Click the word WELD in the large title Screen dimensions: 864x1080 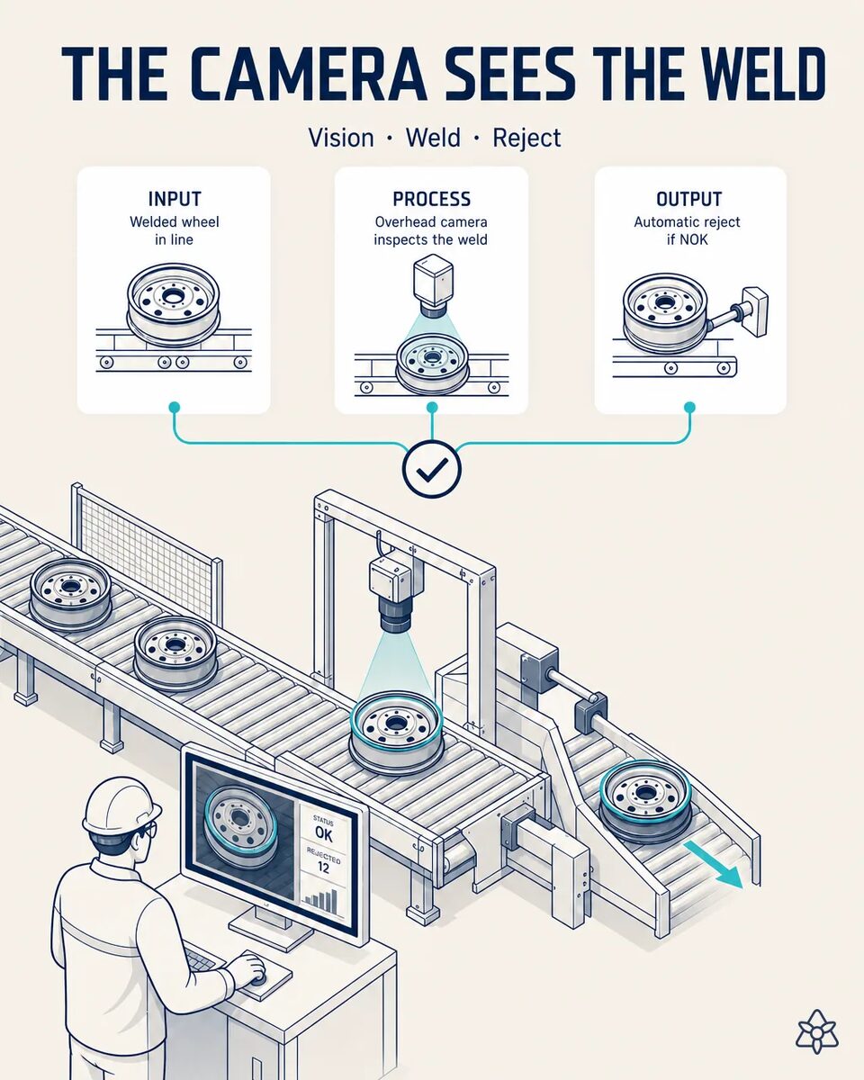pyautogui.click(x=729, y=75)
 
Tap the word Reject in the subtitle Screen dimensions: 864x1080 pyautogui.click(x=526, y=139)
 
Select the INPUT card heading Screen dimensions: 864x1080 pyautogui.click(x=175, y=199)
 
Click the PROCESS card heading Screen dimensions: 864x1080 pyautogui.click(x=432, y=199)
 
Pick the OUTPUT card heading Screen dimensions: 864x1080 pyautogui.click(x=688, y=199)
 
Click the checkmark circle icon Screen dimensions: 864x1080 pyautogui.click(x=432, y=469)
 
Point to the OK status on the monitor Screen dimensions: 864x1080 pyautogui.click(x=323, y=833)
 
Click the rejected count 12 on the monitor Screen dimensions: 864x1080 pyautogui.click(x=323, y=868)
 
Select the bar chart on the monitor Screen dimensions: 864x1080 pyautogui.click(x=321, y=900)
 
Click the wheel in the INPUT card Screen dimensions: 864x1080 pyautogui.click(x=173, y=304)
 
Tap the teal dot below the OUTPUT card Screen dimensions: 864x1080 pyautogui.click(x=689, y=407)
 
